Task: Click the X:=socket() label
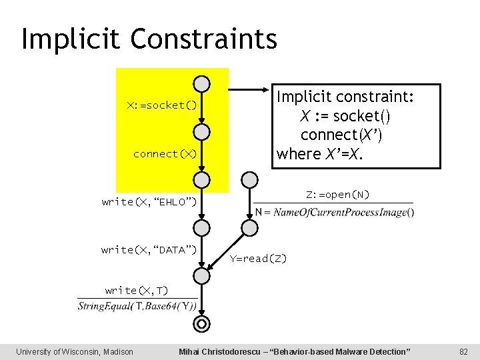(162, 105)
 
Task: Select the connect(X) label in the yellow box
(165, 154)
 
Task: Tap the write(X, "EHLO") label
(149, 201)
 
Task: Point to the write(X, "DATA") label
(149, 249)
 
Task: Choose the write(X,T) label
(137, 290)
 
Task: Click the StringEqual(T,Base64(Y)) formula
(137, 307)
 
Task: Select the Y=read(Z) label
(258, 259)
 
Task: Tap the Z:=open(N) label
(337, 195)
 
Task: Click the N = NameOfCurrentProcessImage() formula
(334, 212)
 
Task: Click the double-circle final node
(201, 324)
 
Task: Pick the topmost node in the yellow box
(201, 83)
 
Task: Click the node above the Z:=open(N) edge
(249, 179)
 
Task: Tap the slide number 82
(464, 351)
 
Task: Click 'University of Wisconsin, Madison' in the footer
(75, 351)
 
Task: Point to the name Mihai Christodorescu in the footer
(226, 351)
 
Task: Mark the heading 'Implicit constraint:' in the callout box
(345, 97)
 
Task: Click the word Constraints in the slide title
(204, 39)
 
